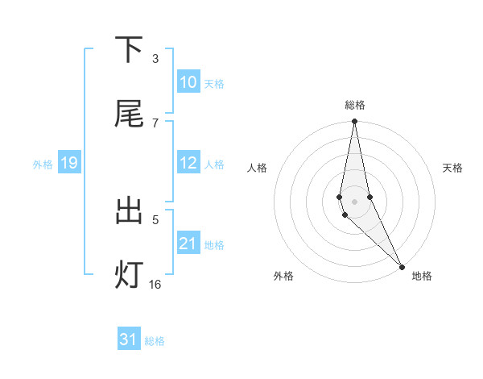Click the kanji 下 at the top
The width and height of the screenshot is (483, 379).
[x=129, y=50]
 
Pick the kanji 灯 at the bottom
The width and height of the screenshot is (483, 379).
[x=129, y=275]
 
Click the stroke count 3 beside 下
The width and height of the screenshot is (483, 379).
[x=155, y=59]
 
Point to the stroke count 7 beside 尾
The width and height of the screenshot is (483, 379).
[x=155, y=123]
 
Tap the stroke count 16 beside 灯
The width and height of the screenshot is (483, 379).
[x=155, y=284]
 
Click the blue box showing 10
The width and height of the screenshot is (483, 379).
[x=188, y=82]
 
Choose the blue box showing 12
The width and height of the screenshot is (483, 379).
[x=188, y=163]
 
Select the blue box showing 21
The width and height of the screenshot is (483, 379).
[x=188, y=244]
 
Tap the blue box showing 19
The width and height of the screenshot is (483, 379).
[x=69, y=164]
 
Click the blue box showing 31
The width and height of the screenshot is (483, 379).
[x=129, y=339]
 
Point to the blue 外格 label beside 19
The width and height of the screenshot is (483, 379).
[x=43, y=165]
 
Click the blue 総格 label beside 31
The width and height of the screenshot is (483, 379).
[x=155, y=341]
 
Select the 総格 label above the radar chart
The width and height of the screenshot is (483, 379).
[x=355, y=105]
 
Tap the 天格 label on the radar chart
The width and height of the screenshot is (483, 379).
[x=453, y=168]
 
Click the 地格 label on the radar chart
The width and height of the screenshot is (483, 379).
[x=422, y=276]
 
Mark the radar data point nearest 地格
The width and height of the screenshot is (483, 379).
[x=402, y=265]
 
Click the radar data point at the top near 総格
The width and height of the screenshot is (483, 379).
[x=354, y=122]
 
